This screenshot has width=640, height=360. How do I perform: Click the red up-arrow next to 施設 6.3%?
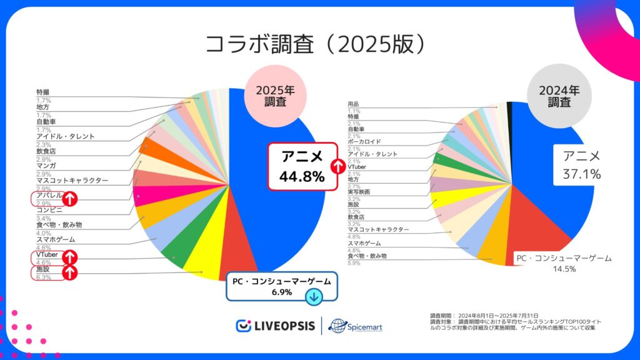click(69, 272)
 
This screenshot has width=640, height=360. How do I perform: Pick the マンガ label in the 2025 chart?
click(47, 165)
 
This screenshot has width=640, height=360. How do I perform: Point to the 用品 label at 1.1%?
click(353, 104)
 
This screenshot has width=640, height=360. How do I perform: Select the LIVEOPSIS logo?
click(274, 326)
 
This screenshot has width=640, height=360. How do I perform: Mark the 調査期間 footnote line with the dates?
click(484, 315)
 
